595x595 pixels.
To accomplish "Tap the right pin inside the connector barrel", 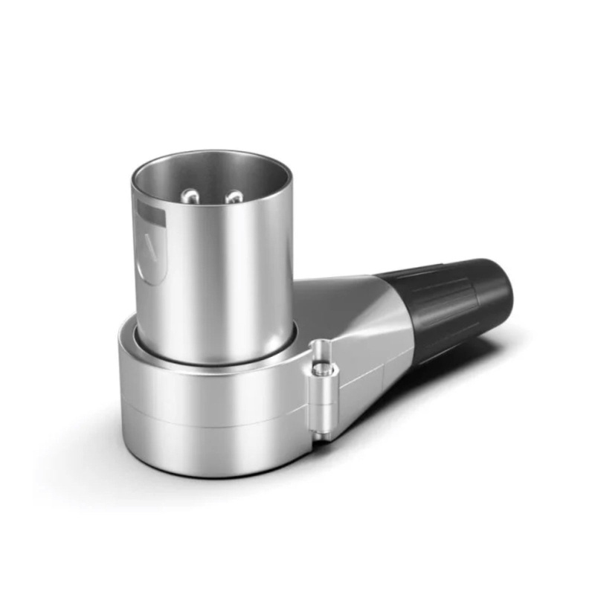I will coord(234,197).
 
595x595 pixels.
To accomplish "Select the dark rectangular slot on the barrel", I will coord(150,215).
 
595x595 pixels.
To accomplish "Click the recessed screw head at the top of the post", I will coord(321,348).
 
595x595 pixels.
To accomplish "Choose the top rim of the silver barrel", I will coord(212,155).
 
